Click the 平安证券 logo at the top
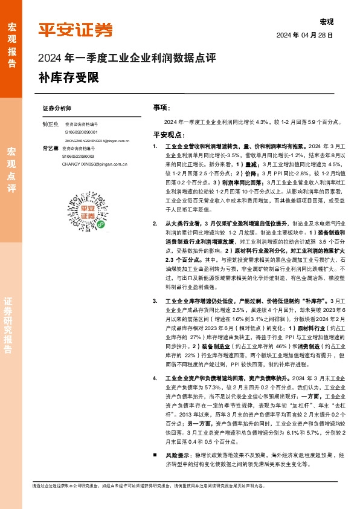tap(76, 30)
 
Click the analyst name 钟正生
tap(50, 124)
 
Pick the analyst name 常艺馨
tap(50, 148)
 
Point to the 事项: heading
tap(161, 107)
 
